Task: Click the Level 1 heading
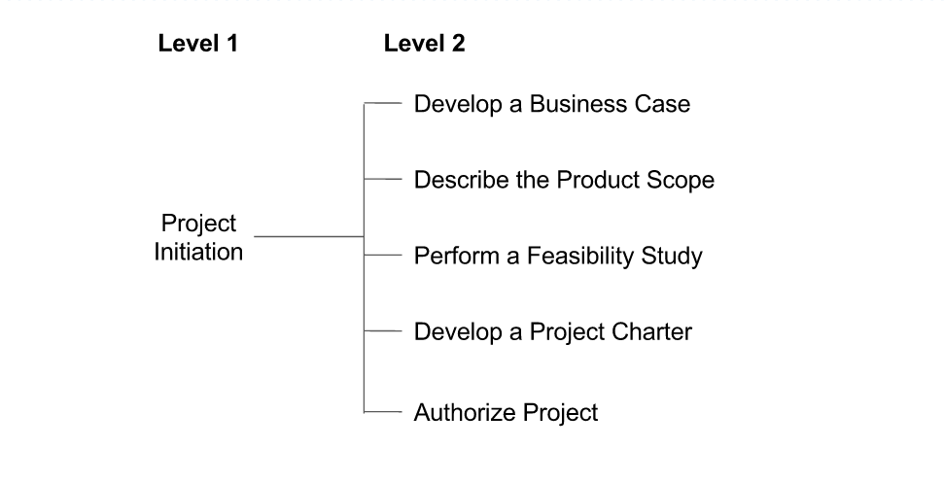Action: click(x=197, y=44)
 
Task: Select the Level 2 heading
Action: click(x=424, y=44)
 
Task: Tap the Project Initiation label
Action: click(x=198, y=237)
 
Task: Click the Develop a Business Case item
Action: click(x=551, y=104)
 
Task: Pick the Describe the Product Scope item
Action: click(x=564, y=180)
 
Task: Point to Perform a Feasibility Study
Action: click(x=558, y=257)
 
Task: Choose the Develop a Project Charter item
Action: click(x=552, y=331)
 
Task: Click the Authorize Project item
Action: click(x=506, y=412)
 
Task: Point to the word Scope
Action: click(x=683, y=180)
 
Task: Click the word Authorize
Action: click(x=460, y=412)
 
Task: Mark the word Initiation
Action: click(x=198, y=252)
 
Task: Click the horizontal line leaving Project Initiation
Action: click(x=308, y=236)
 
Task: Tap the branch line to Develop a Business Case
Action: click(x=383, y=102)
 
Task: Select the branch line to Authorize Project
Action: click(x=383, y=413)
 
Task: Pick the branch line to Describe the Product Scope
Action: click(x=383, y=179)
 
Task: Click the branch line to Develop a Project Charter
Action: click(x=383, y=331)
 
